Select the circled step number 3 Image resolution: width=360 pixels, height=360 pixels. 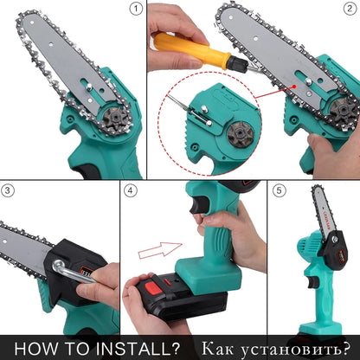pyautogui.click(x=10, y=190)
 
